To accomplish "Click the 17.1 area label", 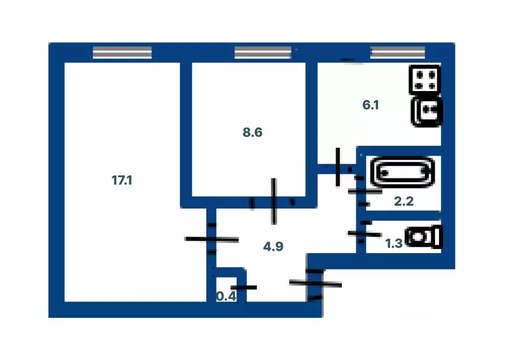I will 122,180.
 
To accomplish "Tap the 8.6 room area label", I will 252,132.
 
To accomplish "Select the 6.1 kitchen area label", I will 371,105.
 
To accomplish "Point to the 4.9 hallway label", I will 273,246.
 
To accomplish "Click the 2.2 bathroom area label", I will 403,201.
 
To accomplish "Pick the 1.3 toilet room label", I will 393,243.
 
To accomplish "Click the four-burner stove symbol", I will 424,79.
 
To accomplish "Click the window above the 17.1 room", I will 122,52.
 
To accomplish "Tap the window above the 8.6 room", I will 263,52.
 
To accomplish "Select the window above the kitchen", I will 398,52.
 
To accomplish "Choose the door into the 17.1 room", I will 211,239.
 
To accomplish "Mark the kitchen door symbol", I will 338,167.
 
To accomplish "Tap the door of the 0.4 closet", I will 244,287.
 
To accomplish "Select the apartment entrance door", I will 315,284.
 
